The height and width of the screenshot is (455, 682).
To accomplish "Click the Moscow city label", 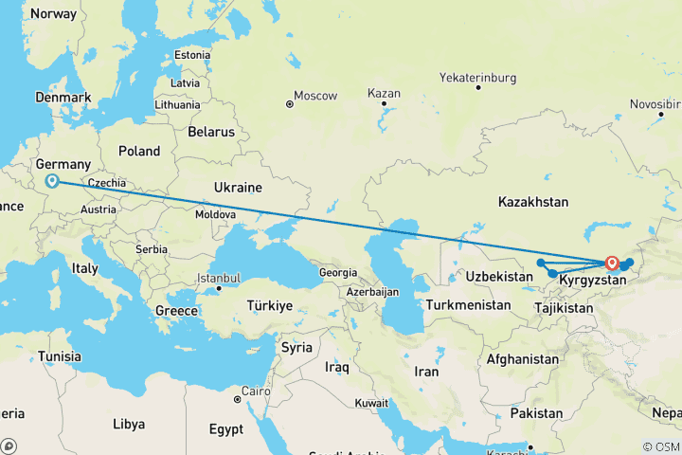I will coord(314,96).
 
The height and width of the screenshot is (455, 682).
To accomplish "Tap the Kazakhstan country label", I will coord(533,202).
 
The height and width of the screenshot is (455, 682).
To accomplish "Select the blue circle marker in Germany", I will coord(53,181).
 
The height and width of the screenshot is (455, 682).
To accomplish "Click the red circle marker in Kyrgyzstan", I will coord(612,264).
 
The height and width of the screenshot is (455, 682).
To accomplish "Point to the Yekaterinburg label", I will coord(483,76).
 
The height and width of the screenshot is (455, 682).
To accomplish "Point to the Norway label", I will coord(53,14).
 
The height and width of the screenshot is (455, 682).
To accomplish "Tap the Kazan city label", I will coord(386,94).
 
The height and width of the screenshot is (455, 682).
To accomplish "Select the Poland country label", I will coord(139,151).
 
